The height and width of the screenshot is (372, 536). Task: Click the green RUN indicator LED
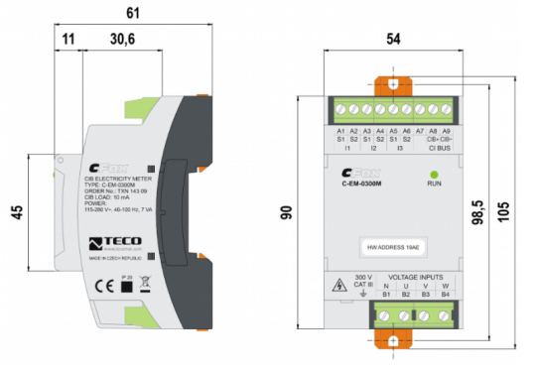[x=434, y=174]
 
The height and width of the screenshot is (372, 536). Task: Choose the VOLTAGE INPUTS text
[x=418, y=277]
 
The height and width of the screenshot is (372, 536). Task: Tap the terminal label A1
[x=340, y=130]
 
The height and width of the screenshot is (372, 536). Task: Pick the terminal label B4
[x=445, y=294]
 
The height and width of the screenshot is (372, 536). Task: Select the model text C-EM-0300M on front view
[x=363, y=184]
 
